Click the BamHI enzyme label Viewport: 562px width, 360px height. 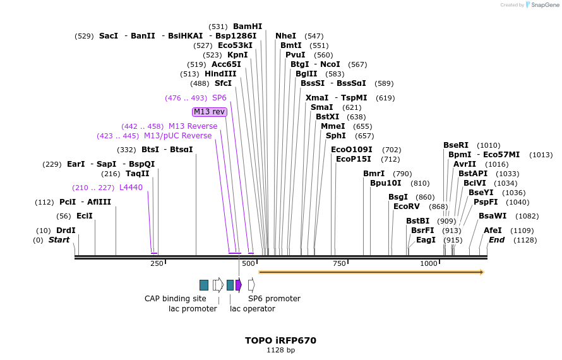(248, 27)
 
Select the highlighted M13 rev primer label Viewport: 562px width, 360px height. (210, 112)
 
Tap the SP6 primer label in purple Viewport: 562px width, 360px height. (219, 98)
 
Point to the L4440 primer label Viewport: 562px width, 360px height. (131, 188)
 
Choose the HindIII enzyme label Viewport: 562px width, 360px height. (220, 74)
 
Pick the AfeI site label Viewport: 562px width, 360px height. (493, 231)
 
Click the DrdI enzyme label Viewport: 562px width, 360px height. (66, 231)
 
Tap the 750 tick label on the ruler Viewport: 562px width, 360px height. (339, 263)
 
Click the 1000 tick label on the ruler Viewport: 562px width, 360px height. (429, 263)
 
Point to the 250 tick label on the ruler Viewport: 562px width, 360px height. (157, 263)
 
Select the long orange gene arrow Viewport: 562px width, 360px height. (371, 272)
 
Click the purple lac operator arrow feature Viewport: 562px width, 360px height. (239, 285)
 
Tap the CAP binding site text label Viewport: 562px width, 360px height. (176, 299)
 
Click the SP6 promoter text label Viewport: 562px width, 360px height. (274, 299)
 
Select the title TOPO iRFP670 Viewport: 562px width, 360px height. (281, 340)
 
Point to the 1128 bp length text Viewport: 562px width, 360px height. (281, 350)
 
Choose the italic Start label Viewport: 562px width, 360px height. (59, 240)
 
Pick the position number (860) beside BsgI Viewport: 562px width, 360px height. (425, 197)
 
